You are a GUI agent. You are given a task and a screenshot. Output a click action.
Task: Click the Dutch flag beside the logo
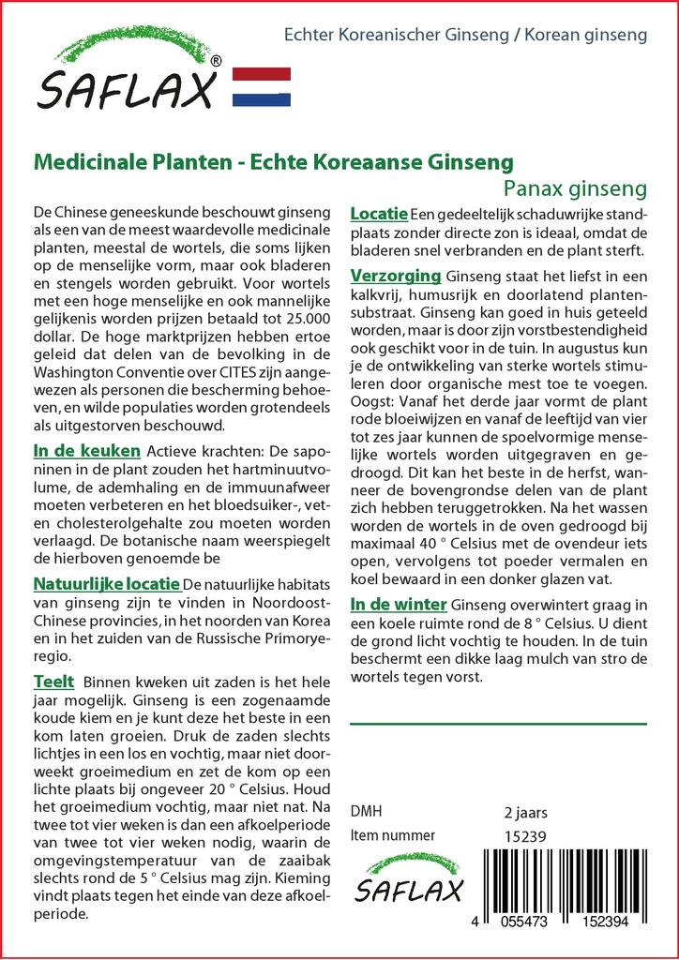tap(261, 85)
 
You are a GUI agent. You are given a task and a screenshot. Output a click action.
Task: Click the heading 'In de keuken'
tap(86, 451)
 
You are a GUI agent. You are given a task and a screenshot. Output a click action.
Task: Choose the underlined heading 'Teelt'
tap(53, 681)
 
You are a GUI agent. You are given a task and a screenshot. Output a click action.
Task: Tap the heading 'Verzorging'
tap(395, 276)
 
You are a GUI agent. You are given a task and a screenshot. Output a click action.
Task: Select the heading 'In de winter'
tap(398, 604)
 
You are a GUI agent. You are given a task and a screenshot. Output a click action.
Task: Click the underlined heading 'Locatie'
tap(378, 215)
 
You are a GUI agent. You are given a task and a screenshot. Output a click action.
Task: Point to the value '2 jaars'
tap(525, 812)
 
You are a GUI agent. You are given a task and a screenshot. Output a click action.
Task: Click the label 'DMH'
tap(366, 812)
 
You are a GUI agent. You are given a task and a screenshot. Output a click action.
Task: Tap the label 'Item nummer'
tap(392, 835)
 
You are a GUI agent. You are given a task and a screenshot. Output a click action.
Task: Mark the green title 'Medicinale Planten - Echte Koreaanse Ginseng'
tap(273, 161)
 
